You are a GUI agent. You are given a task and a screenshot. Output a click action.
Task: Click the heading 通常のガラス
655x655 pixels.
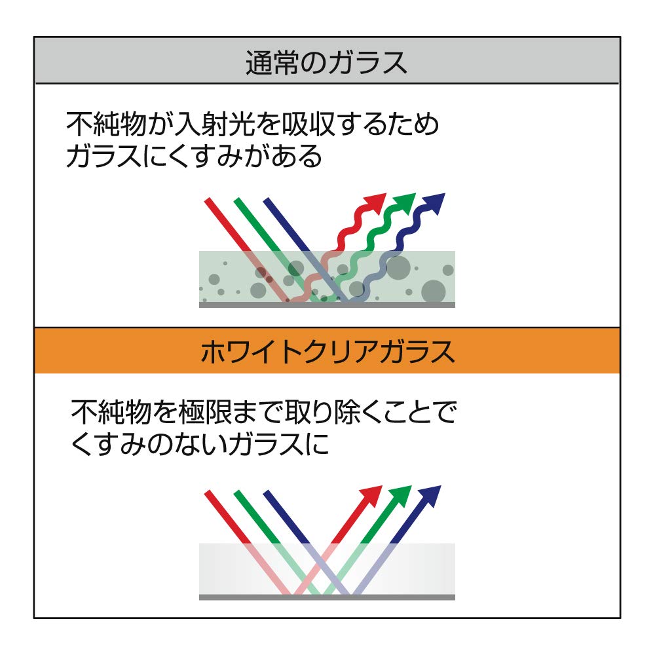coord(326,63)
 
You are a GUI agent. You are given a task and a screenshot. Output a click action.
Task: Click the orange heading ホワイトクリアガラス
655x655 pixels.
coord(327,352)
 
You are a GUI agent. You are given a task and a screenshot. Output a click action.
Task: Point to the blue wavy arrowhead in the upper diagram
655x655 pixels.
coord(434,203)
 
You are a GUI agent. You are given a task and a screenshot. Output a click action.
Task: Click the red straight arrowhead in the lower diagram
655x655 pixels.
coord(371,496)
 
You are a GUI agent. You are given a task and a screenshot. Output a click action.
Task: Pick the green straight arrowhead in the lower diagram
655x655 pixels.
coord(400,496)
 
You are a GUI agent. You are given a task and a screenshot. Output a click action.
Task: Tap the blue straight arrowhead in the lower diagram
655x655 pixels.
coord(430,496)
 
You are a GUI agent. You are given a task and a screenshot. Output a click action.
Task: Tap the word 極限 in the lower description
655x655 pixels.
coord(204,412)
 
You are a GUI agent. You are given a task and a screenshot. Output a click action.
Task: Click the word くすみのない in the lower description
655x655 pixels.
coord(147,443)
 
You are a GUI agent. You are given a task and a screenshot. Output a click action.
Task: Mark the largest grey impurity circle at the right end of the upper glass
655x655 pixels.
coord(434,291)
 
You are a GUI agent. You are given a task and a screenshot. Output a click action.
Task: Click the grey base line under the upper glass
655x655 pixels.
coord(327,305)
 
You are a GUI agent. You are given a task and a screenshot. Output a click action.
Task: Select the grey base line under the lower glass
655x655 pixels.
coord(327,597)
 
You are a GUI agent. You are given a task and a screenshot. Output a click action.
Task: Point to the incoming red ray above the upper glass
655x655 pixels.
coord(228,225)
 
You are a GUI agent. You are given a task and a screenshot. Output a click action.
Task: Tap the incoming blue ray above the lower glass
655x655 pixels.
coord(286,517)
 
